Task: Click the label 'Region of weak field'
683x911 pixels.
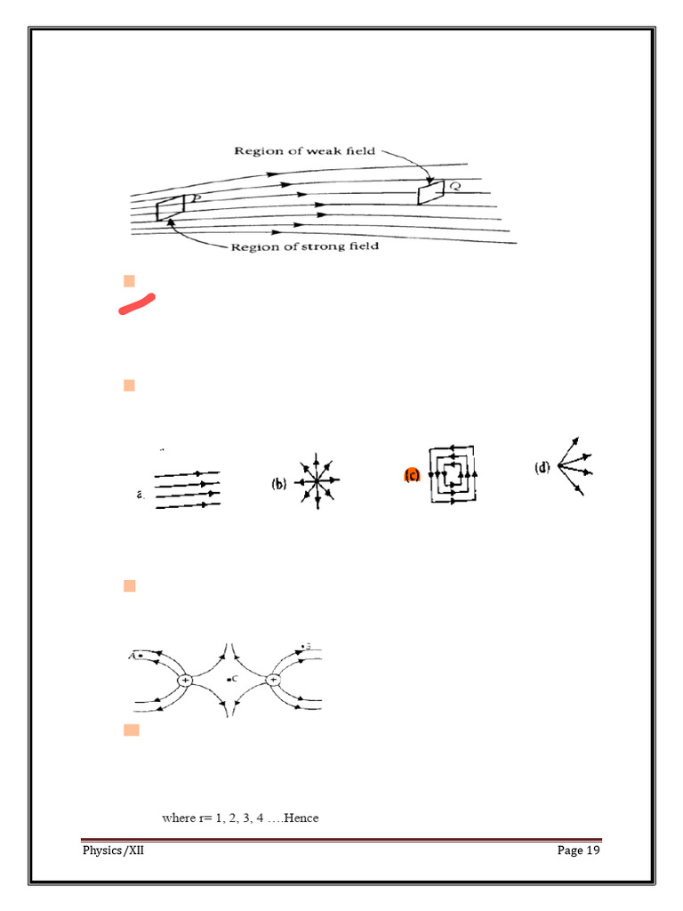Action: (304, 150)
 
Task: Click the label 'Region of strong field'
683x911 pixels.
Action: (304, 246)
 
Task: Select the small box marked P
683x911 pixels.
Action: (166, 209)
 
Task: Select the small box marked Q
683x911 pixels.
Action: (430, 191)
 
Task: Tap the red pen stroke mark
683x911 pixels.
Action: (137, 303)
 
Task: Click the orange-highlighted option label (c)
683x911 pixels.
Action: (412, 476)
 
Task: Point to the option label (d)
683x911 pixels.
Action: (542, 468)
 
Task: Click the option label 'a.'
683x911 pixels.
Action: (141, 495)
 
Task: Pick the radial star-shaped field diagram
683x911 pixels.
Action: (318, 481)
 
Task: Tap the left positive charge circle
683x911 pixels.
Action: (185, 680)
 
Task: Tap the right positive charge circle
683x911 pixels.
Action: (273, 680)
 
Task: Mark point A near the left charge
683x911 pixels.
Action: (140, 656)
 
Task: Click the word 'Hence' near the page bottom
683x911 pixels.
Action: (301, 818)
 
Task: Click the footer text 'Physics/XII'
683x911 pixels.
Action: (113, 851)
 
